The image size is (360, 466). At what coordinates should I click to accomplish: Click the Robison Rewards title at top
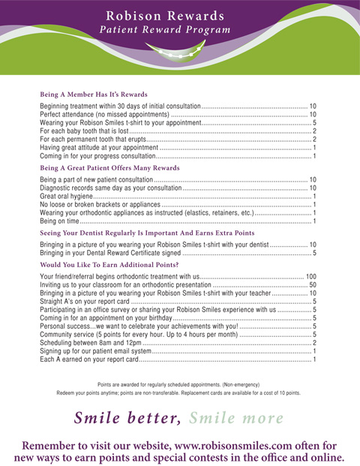165,15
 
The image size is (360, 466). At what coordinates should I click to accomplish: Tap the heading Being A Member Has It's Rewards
94,95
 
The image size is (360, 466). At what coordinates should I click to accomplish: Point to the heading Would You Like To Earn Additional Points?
109,265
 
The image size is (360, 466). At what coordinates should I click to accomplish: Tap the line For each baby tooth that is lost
90,131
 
